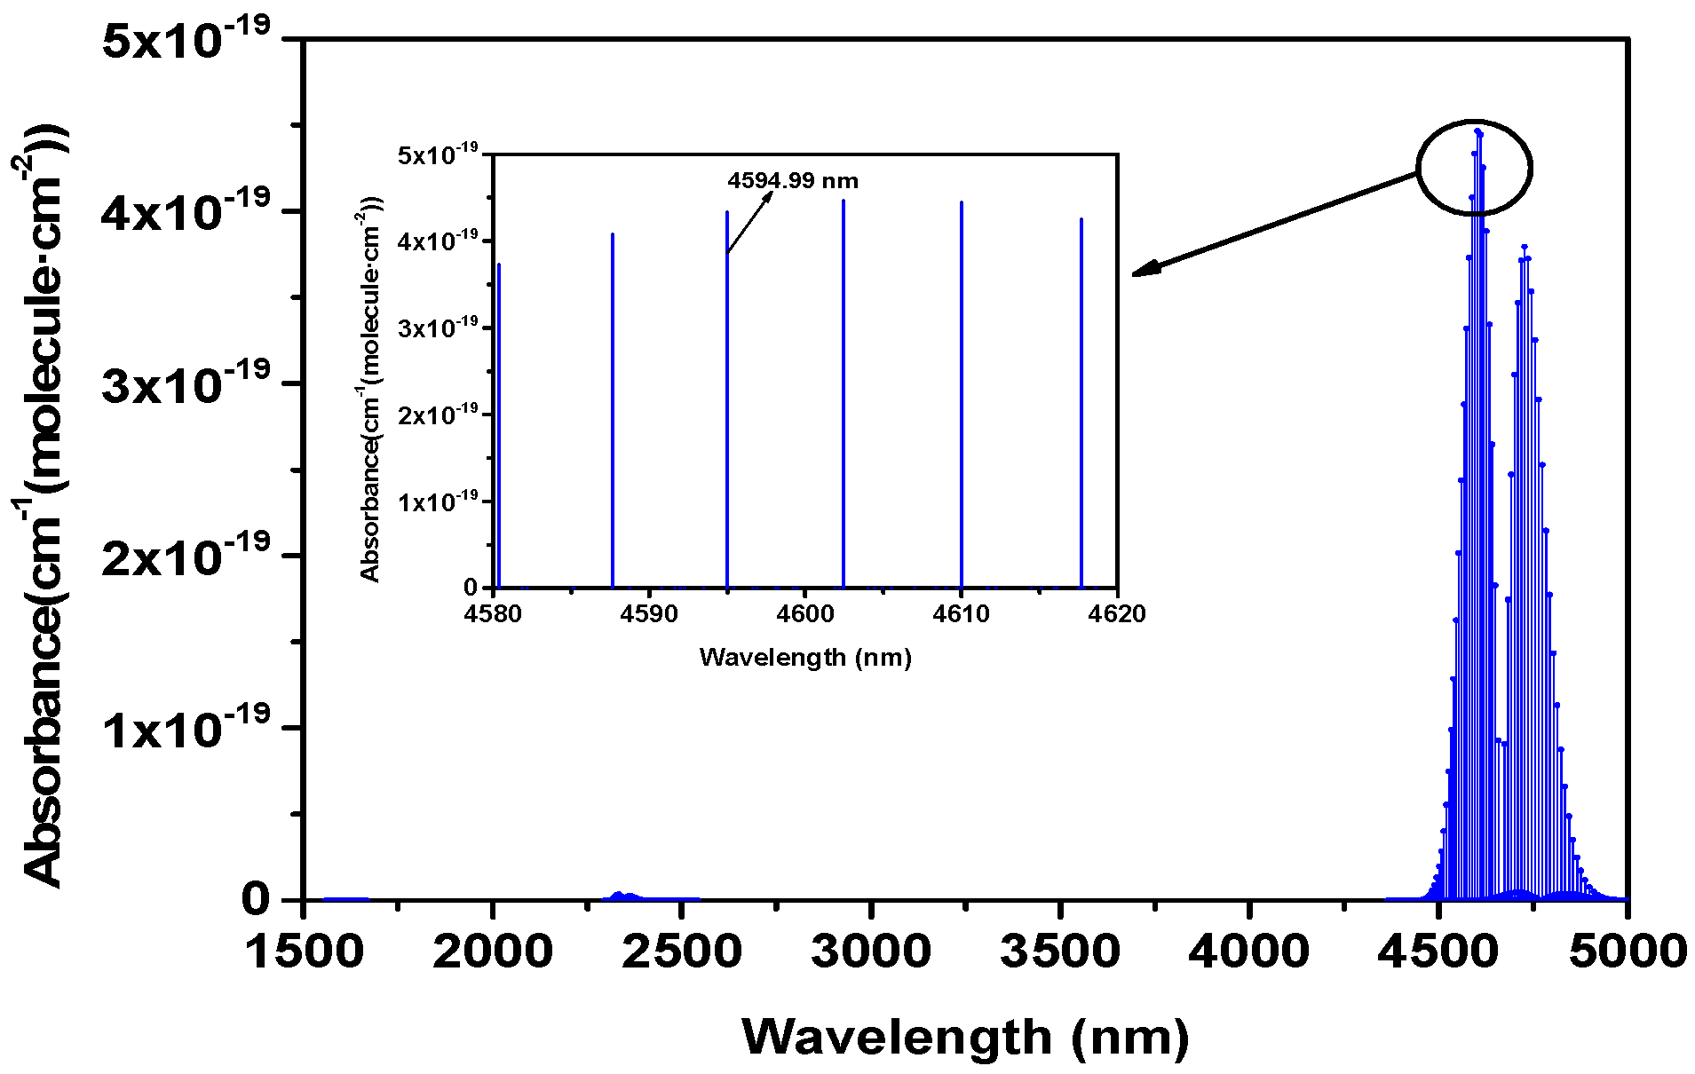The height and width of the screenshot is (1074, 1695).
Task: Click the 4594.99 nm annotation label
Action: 793,181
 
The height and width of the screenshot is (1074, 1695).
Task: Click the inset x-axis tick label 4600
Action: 804,614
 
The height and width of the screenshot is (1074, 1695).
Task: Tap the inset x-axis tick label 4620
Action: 1117,614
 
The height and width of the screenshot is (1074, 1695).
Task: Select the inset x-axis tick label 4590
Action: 648,614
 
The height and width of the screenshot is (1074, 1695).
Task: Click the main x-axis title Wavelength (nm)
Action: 965,1037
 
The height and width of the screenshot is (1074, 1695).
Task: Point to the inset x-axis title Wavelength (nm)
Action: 805,658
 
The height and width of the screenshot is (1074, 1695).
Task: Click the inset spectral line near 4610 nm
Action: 962,399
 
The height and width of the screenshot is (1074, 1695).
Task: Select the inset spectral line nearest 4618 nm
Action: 1081,408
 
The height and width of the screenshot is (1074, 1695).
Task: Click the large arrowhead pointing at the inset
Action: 1145,269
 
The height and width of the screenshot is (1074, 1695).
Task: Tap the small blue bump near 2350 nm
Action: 622,896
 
